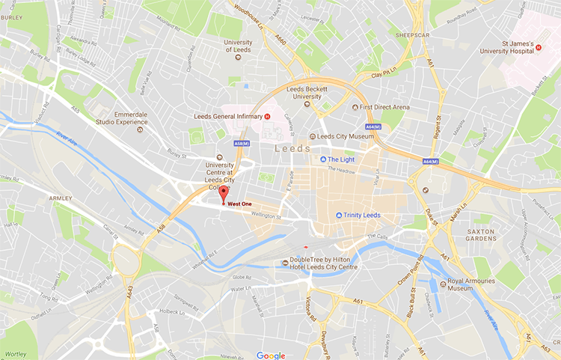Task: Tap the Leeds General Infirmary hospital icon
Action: [x=267, y=116]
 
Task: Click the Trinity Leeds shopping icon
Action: [x=339, y=216]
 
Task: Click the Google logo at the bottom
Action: [x=270, y=355]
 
